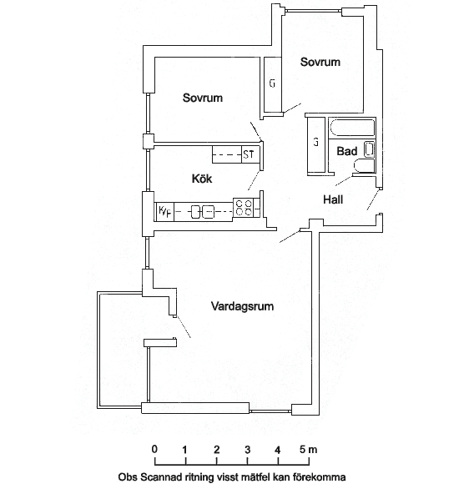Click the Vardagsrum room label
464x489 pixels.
tap(242, 306)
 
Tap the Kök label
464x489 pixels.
tap(202, 179)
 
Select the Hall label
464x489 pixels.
tap(333, 199)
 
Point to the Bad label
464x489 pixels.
tap(347, 151)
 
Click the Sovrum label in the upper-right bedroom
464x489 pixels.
tap(320, 62)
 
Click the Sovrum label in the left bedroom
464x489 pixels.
tap(203, 98)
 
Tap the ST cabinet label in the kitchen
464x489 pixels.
tap(249, 154)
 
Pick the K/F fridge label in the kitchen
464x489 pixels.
tap(165, 211)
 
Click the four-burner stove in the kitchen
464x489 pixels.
tap(244, 208)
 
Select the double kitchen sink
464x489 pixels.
tap(203, 212)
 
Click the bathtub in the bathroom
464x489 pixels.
tap(351, 127)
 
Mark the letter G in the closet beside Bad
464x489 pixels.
tap(316, 143)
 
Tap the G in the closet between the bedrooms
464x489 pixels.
tap(272, 83)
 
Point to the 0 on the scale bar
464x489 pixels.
tap(154, 450)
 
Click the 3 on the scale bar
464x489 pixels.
tap(247, 450)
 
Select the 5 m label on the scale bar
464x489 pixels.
tap(308, 450)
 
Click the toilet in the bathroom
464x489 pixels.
tap(364, 165)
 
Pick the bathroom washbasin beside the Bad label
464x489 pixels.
tap(369, 149)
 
